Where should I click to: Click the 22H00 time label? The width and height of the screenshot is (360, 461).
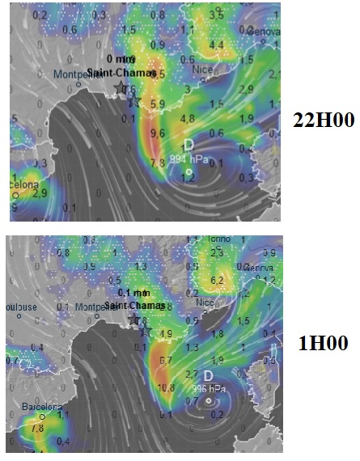[323, 121]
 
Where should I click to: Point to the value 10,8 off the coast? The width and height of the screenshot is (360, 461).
[167, 387]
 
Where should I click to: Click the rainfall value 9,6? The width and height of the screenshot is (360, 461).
[157, 133]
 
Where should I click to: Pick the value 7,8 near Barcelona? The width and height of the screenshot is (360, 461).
[36, 429]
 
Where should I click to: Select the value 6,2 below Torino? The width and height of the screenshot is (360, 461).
[216, 281]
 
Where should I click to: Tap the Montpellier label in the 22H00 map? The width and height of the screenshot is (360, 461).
[79, 74]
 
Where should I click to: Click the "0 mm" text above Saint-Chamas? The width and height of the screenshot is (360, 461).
[121, 59]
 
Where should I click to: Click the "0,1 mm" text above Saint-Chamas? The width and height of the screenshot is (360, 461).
[133, 293]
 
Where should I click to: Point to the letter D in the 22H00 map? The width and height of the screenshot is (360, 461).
[188, 145]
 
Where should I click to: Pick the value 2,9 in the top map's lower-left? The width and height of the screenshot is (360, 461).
[39, 193]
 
